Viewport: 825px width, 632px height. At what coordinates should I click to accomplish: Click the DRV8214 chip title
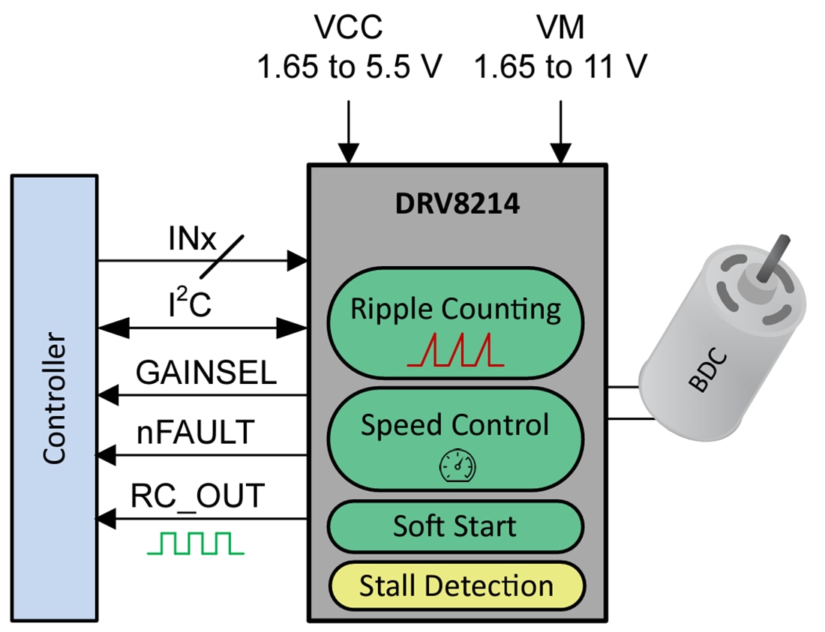457,204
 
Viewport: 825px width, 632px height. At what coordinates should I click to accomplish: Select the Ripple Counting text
456,309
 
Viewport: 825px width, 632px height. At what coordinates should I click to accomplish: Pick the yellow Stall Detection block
456,586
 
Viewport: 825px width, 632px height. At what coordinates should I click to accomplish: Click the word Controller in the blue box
54,399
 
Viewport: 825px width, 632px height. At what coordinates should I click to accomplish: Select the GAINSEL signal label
206,373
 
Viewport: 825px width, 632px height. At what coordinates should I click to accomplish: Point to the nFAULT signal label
195,433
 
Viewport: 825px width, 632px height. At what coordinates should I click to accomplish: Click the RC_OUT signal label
198,496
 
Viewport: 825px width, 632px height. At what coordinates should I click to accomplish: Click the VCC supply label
349,28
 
